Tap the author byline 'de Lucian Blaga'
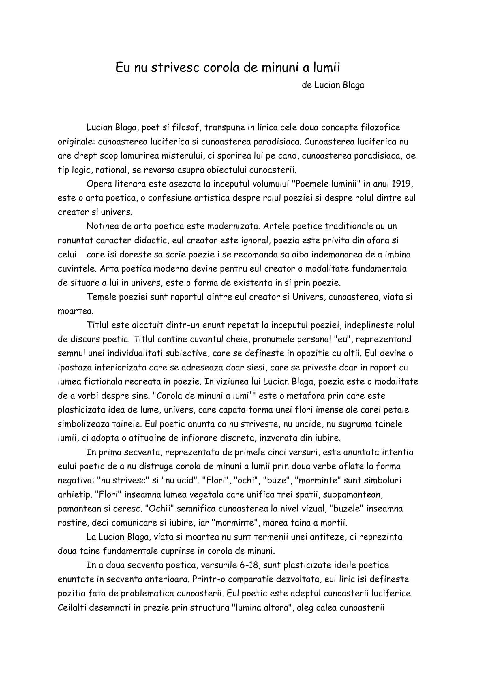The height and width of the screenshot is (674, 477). [333, 85]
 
